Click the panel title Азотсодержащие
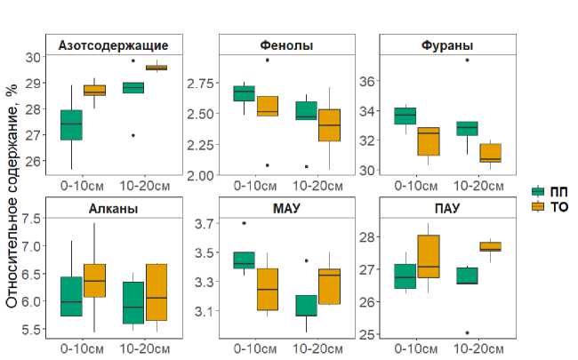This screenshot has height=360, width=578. [x=113, y=45]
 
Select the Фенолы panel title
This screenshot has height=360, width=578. [x=286, y=45]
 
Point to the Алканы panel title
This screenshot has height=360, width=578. [x=113, y=209]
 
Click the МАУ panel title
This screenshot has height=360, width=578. [x=286, y=209]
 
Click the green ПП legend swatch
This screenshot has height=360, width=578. [x=538, y=192]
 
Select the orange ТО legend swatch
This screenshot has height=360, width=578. [x=538, y=206]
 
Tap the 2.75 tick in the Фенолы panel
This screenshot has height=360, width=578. [x=199, y=84]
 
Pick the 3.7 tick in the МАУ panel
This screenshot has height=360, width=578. [x=205, y=223]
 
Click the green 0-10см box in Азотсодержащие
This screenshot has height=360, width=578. [x=71, y=125]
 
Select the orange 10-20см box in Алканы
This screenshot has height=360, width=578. [x=156, y=292]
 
